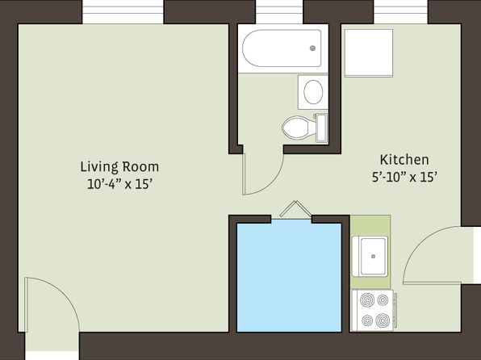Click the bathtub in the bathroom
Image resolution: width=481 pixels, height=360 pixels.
(x=282, y=48)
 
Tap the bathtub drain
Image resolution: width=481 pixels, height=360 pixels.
(x=312, y=48)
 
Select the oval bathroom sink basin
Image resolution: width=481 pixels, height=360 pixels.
(x=313, y=92)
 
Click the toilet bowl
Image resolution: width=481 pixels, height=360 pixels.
(x=295, y=128)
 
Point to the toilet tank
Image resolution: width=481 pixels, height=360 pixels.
(x=321, y=128)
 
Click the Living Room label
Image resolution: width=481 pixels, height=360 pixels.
(x=119, y=167)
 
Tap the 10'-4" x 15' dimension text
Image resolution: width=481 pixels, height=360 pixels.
(x=120, y=184)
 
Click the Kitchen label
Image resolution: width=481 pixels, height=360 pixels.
(x=404, y=160)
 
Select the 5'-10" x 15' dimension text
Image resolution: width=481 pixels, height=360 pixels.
(x=404, y=177)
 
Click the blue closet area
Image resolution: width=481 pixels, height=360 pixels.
(x=289, y=278)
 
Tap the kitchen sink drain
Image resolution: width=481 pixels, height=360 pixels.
(x=374, y=256)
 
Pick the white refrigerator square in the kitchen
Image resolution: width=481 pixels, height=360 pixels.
(x=369, y=53)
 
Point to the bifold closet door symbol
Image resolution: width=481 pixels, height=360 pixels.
(x=295, y=209)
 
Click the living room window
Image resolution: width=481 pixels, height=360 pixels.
(x=123, y=12)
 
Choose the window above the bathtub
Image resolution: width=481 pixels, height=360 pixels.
(x=279, y=12)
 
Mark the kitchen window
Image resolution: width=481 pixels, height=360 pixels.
(x=400, y=12)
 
